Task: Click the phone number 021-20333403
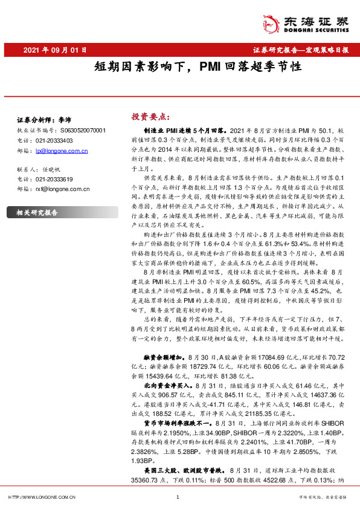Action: tap(54, 140)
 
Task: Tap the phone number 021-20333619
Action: tap(54, 180)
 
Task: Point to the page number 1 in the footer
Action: tap(178, 498)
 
